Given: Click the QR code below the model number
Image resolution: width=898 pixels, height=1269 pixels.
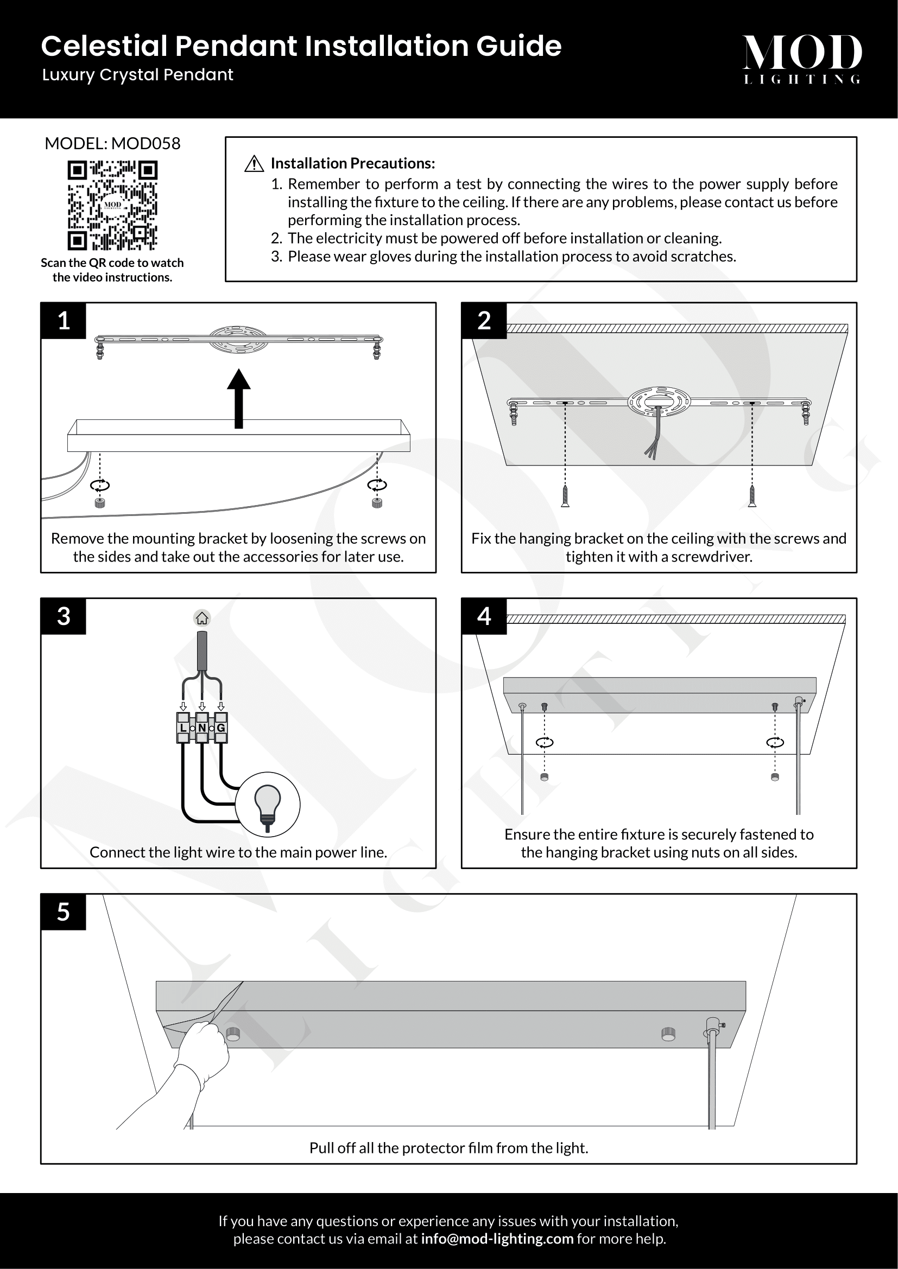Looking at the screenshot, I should pyautogui.click(x=112, y=205).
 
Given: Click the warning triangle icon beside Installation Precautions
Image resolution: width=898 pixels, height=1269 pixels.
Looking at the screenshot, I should pyautogui.click(x=254, y=164).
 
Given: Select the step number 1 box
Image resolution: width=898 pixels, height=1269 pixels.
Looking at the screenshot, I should pyautogui.click(x=64, y=321).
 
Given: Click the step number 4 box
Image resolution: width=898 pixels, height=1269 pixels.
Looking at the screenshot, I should pyautogui.click(x=484, y=616).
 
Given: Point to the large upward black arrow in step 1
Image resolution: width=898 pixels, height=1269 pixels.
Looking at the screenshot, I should pyautogui.click(x=239, y=398).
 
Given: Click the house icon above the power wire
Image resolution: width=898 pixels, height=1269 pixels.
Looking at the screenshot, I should pyautogui.click(x=202, y=618).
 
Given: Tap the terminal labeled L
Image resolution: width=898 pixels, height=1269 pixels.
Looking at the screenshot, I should pyautogui.click(x=183, y=728).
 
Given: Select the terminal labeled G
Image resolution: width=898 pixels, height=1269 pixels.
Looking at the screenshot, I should pyautogui.click(x=221, y=728).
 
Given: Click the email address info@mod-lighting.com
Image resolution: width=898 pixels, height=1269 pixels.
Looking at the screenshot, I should pyautogui.click(x=497, y=1239).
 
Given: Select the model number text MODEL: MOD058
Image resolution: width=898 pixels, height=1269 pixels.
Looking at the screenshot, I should pyautogui.click(x=112, y=144).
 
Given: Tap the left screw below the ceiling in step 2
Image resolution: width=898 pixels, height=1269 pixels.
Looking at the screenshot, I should pyautogui.click(x=565, y=495).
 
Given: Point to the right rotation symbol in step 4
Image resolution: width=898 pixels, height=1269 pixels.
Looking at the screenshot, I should pyautogui.click(x=775, y=742).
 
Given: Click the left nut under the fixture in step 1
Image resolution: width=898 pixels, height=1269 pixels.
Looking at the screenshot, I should pyautogui.click(x=100, y=502).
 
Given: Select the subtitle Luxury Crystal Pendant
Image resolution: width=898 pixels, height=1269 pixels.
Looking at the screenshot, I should pyautogui.click(x=138, y=75).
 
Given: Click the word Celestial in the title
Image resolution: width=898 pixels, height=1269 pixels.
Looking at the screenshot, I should pyautogui.click(x=104, y=46).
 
